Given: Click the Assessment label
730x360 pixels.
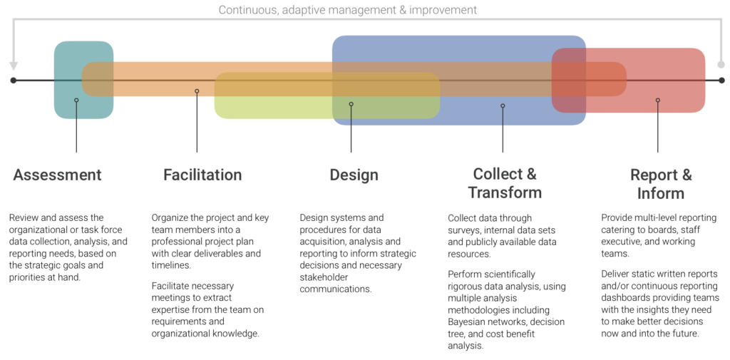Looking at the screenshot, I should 57,175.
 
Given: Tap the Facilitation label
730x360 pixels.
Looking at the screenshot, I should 202,175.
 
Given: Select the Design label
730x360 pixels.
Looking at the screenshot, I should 354,175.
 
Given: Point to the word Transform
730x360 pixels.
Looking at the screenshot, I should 505,192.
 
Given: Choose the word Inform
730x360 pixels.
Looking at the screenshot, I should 661,193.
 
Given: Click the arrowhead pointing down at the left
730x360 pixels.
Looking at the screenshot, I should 13,67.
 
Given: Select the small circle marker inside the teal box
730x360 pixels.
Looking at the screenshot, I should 76,101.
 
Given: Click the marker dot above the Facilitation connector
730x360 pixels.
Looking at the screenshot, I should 197,91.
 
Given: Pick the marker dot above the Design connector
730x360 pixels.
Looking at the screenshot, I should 351,104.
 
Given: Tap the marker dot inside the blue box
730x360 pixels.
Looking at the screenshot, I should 503,106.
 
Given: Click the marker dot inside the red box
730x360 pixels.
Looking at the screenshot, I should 657,101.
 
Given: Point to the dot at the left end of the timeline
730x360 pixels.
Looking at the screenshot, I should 13,81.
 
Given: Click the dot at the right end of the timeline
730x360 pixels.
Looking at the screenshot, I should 721,81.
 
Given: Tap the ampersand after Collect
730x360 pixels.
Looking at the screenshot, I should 532,174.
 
